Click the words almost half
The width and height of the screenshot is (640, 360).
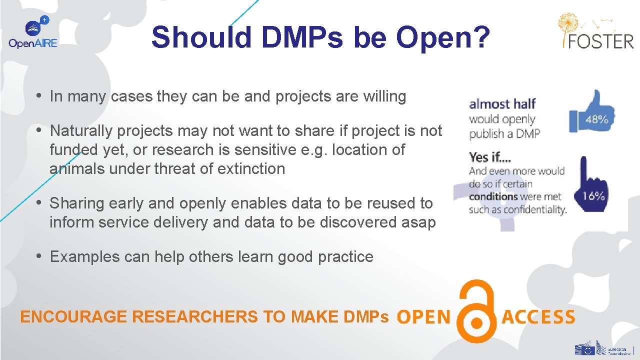[502, 104]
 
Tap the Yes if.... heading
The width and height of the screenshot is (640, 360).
[490, 157]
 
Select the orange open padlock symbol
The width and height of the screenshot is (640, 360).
[476, 312]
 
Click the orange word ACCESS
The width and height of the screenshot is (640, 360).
[538, 317]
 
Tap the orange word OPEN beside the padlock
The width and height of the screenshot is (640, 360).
[423, 317]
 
